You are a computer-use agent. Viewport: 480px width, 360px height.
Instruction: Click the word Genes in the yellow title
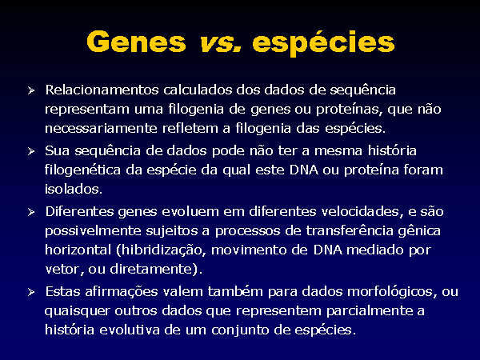[x=136, y=42]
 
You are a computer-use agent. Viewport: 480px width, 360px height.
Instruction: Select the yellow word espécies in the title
[x=323, y=43]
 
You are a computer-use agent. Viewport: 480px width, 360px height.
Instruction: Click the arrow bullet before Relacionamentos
[x=31, y=90]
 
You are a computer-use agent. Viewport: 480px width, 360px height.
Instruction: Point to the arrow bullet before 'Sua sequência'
[x=31, y=151]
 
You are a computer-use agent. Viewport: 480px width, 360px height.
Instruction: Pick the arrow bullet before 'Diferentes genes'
[x=31, y=212]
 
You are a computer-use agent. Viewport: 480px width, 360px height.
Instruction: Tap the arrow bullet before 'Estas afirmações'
[x=31, y=292]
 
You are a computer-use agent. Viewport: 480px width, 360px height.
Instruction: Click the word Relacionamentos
[x=102, y=90]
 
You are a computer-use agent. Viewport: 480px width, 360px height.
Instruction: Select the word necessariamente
[x=101, y=128]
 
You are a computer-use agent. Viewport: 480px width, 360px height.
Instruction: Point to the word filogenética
[x=82, y=170]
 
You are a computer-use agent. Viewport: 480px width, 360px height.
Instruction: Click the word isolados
[x=74, y=189]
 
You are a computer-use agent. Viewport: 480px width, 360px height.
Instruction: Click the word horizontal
[x=78, y=250]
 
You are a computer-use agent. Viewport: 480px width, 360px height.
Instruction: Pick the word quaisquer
[x=77, y=311]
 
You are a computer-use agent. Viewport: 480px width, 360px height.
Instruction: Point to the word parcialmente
[x=369, y=311]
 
